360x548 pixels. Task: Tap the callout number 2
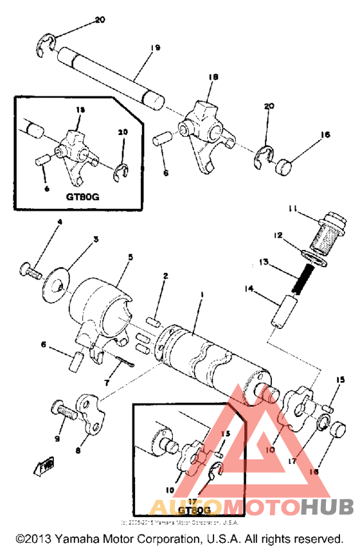[165, 276]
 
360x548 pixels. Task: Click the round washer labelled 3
[55, 283]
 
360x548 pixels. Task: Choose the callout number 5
[130, 257]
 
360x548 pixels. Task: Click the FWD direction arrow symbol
[46, 464]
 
